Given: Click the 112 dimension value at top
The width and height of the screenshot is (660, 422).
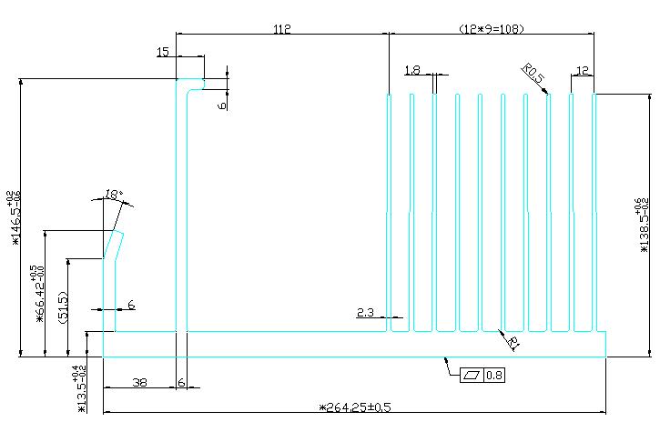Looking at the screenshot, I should click(x=281, y=29).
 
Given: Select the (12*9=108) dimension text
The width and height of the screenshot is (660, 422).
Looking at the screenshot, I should click(x=491, y=29).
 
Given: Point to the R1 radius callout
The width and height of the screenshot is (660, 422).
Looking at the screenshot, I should click(x=512, y=343).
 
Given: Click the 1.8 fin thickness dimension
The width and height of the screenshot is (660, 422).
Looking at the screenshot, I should click(x=412, y=70).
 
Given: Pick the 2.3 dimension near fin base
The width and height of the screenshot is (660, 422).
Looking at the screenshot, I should click(x=366, y=313).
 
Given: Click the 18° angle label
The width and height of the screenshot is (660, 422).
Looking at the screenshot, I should click(x=113, y=194).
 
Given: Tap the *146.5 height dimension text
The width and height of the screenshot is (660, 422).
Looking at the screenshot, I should click(x=13, y=219).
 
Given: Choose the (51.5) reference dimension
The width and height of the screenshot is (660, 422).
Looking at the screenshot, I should click(x=62, y=308).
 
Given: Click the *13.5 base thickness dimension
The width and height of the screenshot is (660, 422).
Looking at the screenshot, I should click(x=80, y=387).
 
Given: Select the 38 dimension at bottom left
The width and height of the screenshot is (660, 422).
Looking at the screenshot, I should click(x=139, y=383).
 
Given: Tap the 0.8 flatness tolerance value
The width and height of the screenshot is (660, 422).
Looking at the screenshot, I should click(x=494, y=375).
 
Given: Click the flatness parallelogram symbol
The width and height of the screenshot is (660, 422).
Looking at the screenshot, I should click(x=472, y=375).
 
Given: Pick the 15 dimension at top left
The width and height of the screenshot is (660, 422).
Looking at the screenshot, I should click(x=163, y=53).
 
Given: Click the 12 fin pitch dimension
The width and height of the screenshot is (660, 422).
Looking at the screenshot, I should click(x=583, y=70).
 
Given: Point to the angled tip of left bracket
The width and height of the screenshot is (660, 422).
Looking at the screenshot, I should click(x=114, y=243).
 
